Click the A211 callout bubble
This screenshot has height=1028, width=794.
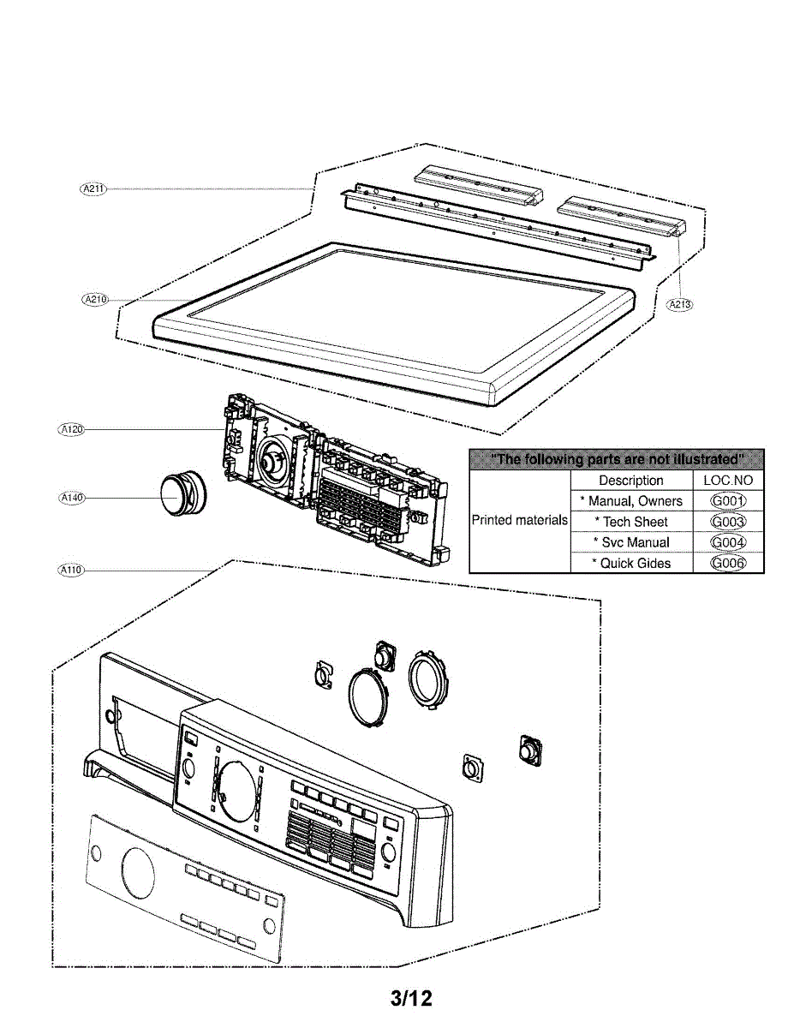[92, 188]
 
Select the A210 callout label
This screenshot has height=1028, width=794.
[93, 299]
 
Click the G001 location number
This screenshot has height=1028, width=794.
[728, 501]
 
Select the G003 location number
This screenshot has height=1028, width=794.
[728, 522]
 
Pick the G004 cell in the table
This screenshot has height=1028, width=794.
[728, 542]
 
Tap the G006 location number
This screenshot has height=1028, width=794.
[728, 563]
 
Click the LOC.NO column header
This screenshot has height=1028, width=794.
[728, 481]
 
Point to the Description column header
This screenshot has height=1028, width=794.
[631, 481]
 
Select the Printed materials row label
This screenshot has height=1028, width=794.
[520, 520]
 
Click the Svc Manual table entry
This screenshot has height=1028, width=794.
[635, 542]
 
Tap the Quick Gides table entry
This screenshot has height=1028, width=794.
[635, 563]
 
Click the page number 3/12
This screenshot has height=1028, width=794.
[411, 998]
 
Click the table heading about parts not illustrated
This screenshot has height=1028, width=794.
[616, 460]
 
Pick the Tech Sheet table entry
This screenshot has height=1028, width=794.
[635, 522]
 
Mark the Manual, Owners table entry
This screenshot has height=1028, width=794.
[635, 501]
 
